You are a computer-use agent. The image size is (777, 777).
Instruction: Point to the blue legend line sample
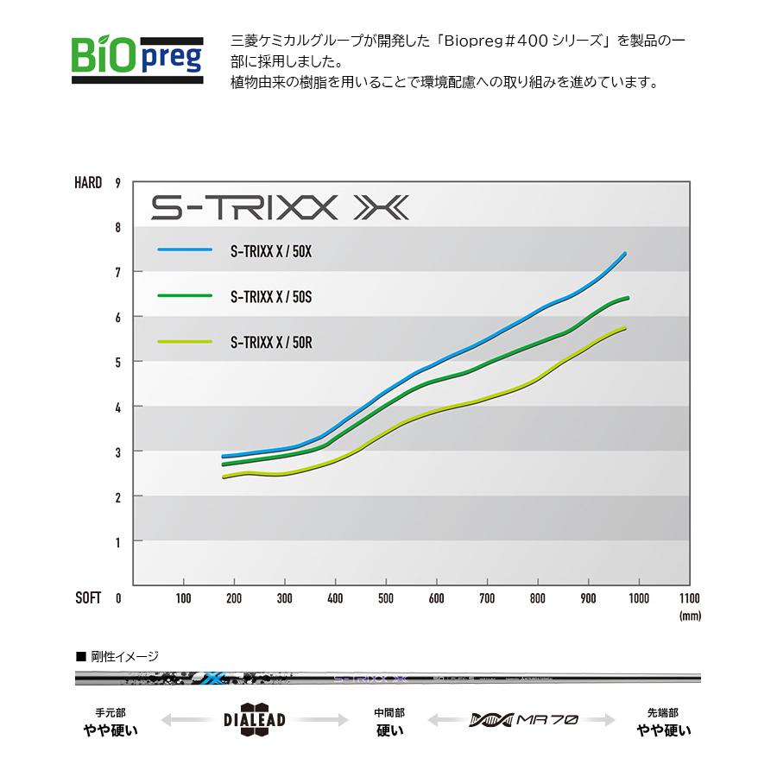[x=185, y=250]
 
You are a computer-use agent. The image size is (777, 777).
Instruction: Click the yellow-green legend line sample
[x=185, y=341]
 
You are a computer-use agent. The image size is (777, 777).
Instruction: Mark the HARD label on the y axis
[x=88, y=183]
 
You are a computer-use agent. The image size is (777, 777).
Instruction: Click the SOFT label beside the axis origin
[x=88, y=597]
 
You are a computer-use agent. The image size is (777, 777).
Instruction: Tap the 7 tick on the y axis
[x=117, y=273]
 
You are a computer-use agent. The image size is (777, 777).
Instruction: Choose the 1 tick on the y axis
[x=117, y=542]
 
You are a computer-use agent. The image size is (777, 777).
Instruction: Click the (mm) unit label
[x=690, y=616]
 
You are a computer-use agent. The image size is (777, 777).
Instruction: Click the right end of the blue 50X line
[x=624, y=253]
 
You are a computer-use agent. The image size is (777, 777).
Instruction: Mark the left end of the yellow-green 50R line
[x=224, y=477]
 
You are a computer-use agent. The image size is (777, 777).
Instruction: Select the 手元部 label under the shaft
[x=111, y=713]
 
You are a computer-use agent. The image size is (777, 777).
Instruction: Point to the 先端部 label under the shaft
[x=662, y=713]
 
